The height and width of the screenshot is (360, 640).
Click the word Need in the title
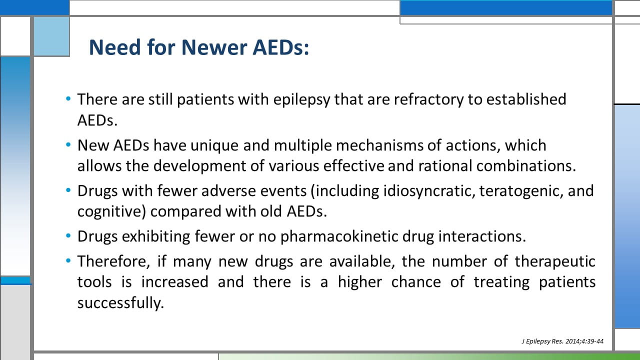coord(115,47)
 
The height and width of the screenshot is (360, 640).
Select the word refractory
coord(428,100)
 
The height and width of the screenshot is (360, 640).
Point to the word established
coord(526,99)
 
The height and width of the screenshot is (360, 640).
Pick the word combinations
coord(526,166)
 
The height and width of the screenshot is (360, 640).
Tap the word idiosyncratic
coord(429,191)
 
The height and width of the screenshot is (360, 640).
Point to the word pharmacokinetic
coord(339,237)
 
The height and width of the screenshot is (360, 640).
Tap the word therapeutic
coord(555,262)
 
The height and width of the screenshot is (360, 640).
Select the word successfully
coord(120,303)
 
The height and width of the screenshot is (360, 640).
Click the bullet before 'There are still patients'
coord(68,99)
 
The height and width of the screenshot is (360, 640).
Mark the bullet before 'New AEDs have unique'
coord(68,144)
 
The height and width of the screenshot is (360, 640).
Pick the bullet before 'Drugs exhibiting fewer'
coord(68,236)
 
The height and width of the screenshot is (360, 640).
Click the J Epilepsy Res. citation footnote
coord(562,341)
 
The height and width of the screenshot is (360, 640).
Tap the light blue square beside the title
coord(51,36)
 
